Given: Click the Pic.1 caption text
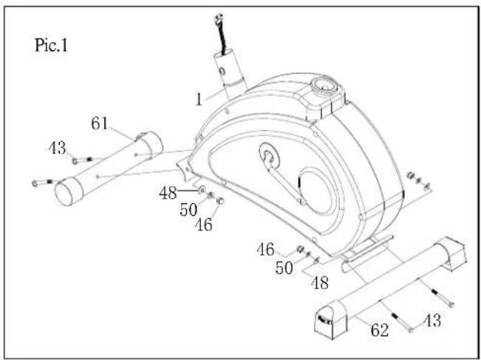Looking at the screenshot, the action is (51, 45).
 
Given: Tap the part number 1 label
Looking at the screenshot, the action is (199, 100).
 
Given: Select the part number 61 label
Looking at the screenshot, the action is (100, 123).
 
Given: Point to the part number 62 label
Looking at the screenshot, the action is (380, 330).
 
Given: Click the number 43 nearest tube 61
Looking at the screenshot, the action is (58, 148).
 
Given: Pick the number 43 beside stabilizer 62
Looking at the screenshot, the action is (432, 320).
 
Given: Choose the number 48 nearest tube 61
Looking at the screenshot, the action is (168, 194).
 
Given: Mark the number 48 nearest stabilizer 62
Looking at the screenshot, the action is (320, 282).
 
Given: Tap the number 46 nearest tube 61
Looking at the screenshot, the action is (204, 225).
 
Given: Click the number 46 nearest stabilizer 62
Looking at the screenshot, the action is (266, 249).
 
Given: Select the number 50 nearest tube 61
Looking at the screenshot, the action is (188, 210).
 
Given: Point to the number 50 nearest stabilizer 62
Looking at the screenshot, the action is (284, 268).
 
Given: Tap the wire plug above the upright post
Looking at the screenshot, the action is (219, 19).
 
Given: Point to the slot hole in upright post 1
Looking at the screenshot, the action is (222, 72).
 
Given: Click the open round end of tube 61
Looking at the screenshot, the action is (69, 192).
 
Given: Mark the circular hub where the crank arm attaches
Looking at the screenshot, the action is (269, 155).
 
